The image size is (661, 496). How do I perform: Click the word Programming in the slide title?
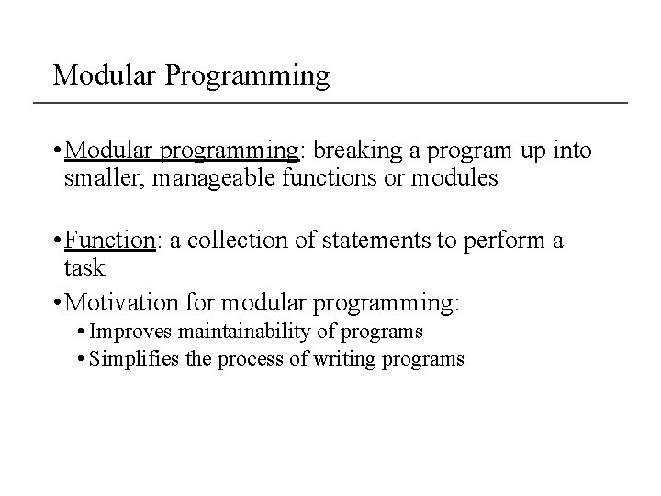tap(247, 75)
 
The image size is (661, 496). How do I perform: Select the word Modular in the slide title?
tap(105, 75)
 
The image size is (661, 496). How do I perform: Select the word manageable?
tap(211, 177)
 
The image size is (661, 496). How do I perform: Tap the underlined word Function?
tap(111, 241)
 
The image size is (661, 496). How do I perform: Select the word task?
tap(84, 267)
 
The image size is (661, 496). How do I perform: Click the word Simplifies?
tap(141, 359)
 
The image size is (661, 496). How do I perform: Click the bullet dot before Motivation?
tap(58, 301)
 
